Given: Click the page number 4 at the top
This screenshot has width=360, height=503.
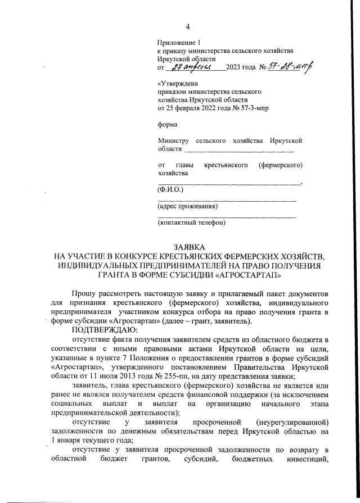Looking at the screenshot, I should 188,26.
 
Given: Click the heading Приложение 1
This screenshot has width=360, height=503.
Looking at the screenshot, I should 179,43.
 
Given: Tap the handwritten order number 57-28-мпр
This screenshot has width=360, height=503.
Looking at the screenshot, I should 292,67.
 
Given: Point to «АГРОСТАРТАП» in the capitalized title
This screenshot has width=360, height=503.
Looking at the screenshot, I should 247,275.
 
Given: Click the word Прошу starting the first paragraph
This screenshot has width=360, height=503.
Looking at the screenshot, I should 83,294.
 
